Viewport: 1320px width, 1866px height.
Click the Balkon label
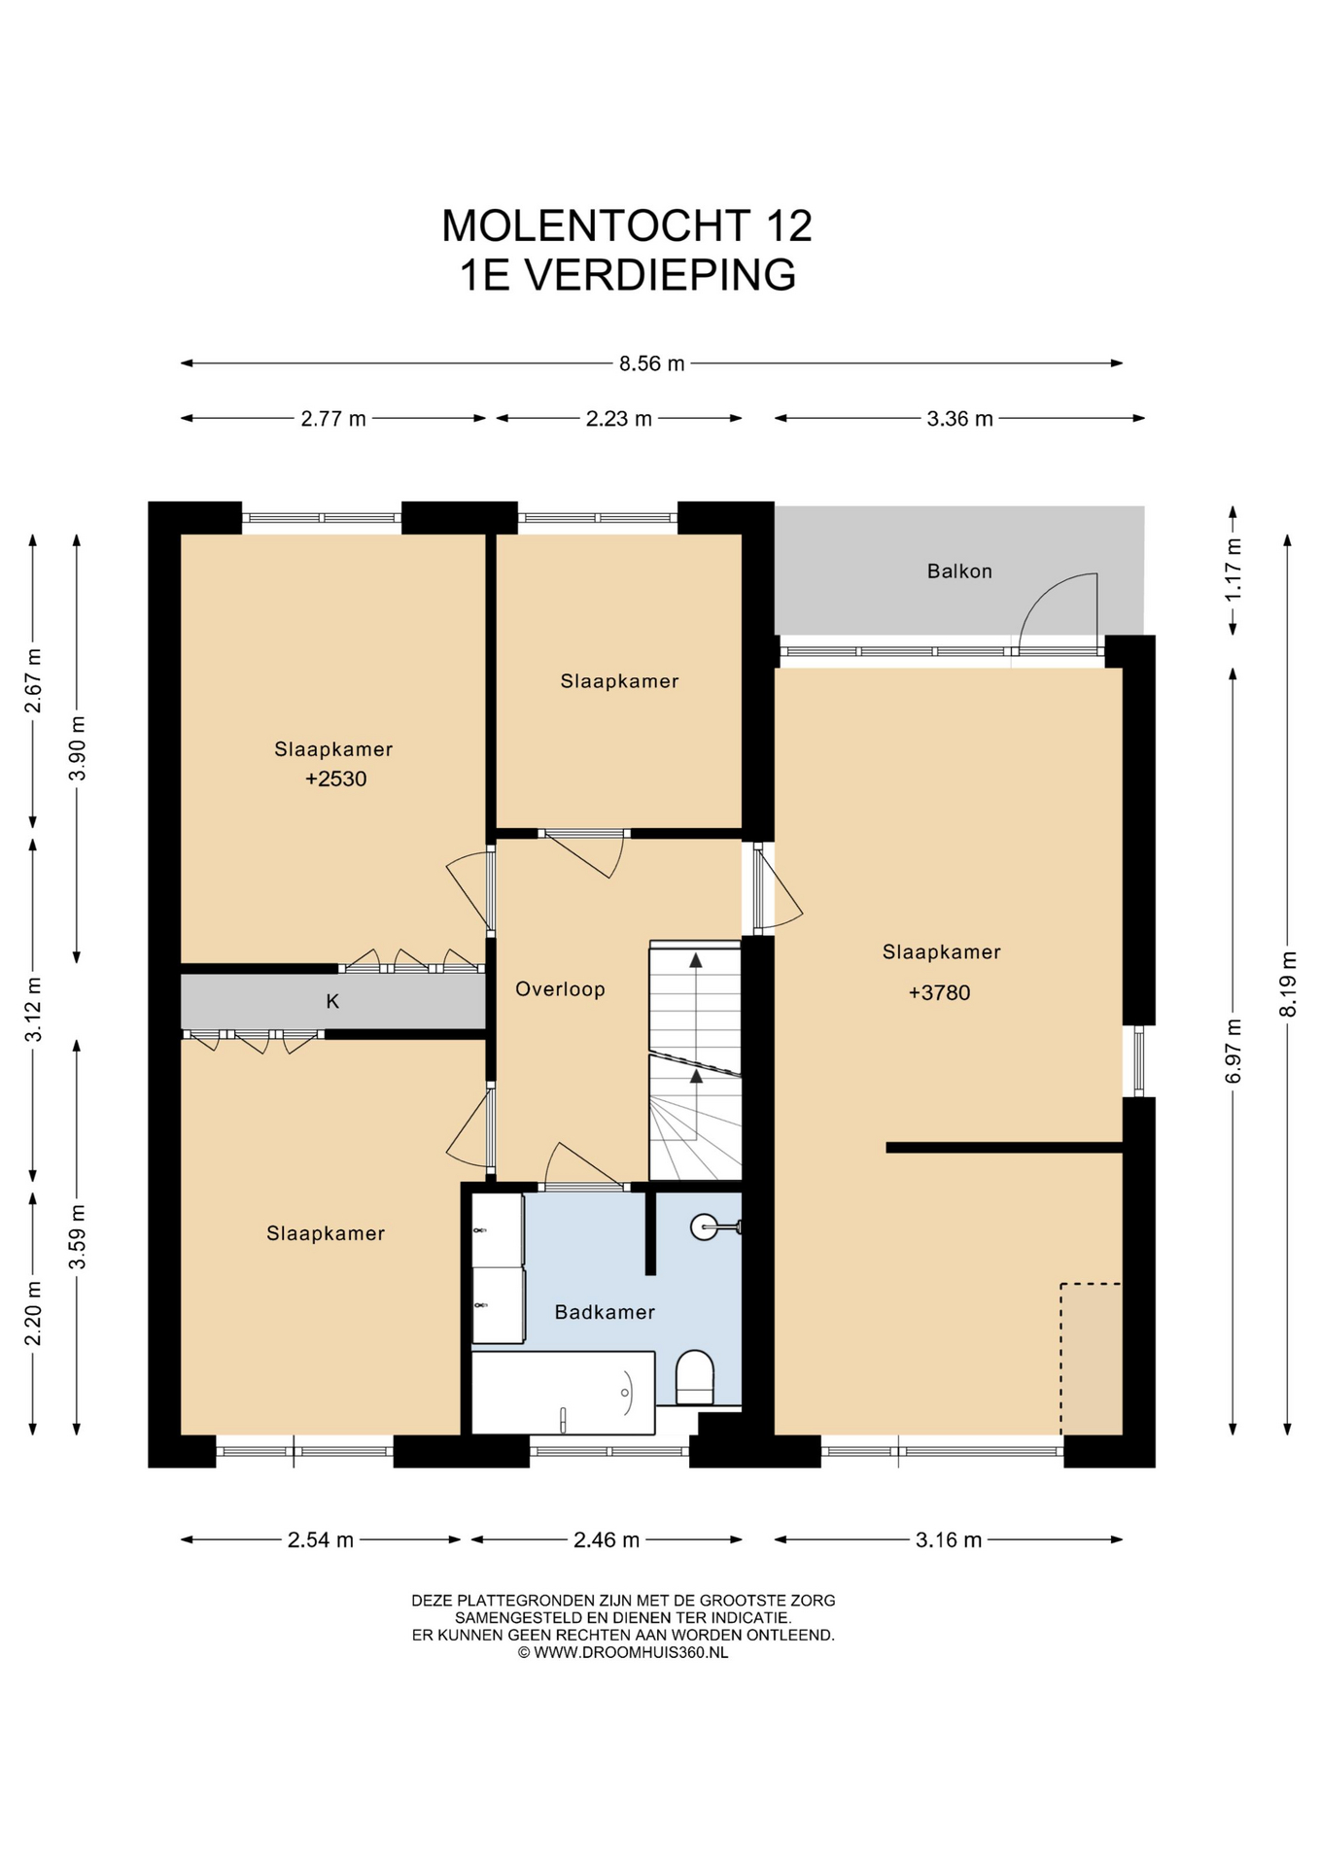959,571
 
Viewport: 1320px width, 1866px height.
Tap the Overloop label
560,989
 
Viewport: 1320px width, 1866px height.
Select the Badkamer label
605,1312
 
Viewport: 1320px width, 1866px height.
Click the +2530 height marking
335,778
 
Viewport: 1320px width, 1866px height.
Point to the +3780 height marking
939,992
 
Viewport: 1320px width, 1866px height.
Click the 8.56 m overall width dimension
652,363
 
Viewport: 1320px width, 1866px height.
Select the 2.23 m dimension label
619,419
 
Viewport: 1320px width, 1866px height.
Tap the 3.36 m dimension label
959,419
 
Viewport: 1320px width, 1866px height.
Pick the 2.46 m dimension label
607,1539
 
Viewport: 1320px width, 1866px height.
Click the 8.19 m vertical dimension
1288,984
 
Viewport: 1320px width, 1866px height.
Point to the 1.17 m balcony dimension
1233,569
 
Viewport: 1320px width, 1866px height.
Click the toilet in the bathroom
694,1377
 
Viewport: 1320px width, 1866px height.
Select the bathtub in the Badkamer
564,1393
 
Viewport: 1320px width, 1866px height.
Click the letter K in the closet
332,1001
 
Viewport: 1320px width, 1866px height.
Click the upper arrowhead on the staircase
696,960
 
